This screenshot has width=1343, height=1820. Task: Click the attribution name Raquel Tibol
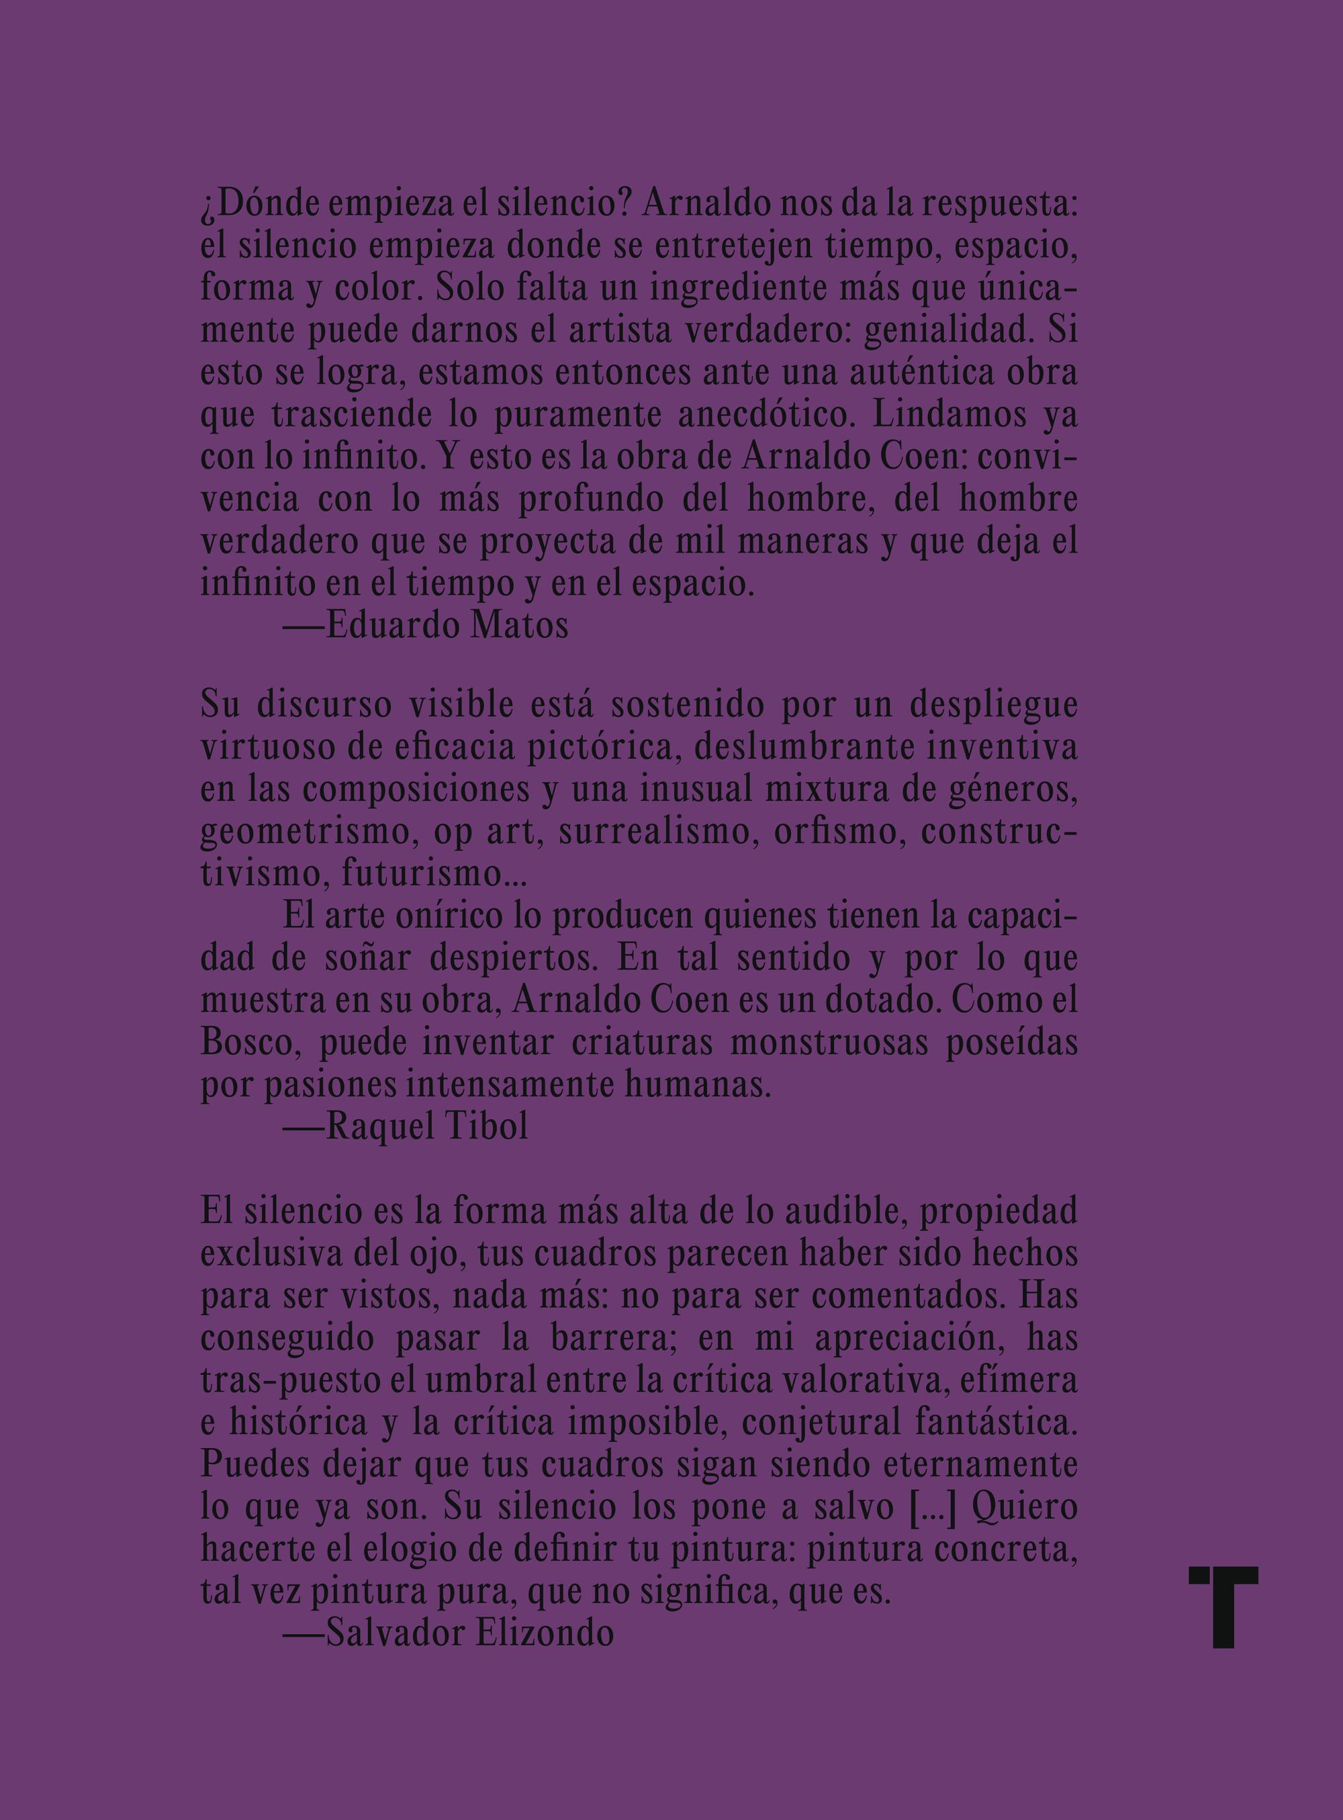click(427, 1129)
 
